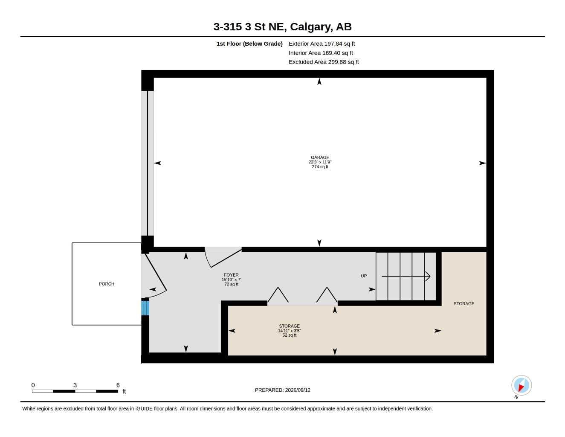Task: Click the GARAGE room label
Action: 320,157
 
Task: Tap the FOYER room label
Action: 231,275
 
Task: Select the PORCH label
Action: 107,284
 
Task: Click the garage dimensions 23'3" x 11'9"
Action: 320,162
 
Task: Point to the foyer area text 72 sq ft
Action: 231,284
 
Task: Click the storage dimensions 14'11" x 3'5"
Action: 290,331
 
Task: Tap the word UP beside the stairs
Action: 364,276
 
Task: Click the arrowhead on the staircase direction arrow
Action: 428,276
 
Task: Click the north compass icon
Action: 522,385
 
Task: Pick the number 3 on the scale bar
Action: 75,385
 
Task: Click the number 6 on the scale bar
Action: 118,385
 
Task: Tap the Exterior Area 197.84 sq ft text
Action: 322,44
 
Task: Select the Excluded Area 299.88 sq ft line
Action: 324,62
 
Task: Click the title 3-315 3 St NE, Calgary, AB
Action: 282,26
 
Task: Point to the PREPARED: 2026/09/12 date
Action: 283,390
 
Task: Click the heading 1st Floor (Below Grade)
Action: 249,44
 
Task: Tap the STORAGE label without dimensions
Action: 464,303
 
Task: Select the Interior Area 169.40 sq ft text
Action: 321,53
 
